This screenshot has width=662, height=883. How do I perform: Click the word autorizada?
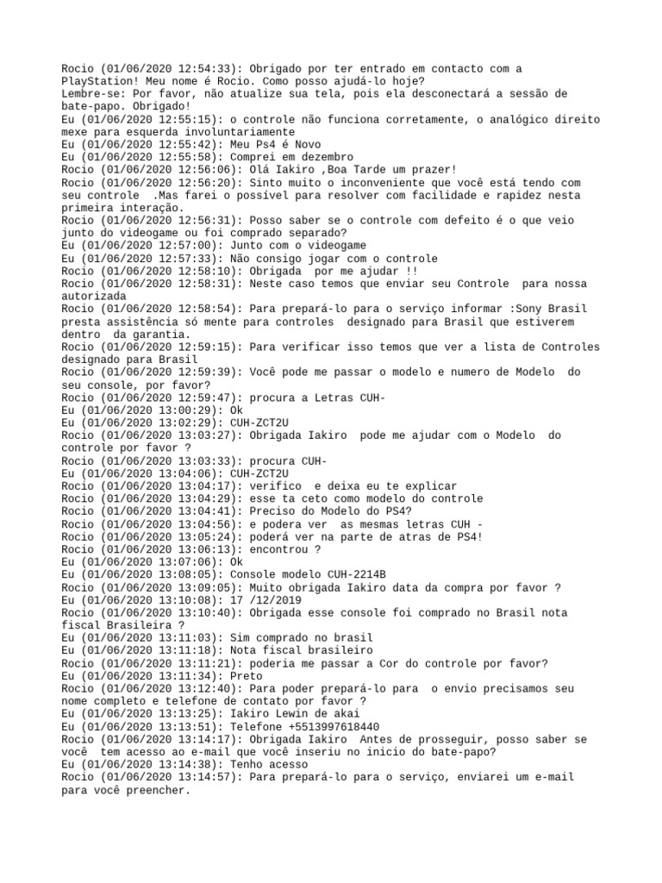coord(95,296)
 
